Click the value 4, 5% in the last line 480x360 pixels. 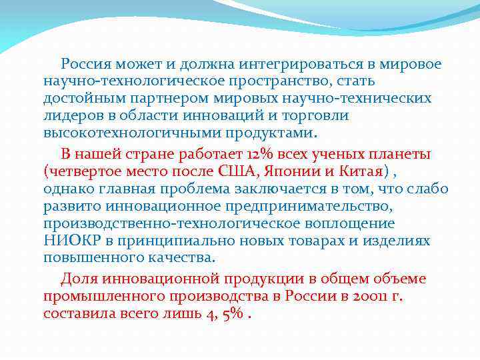point(223,313)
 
